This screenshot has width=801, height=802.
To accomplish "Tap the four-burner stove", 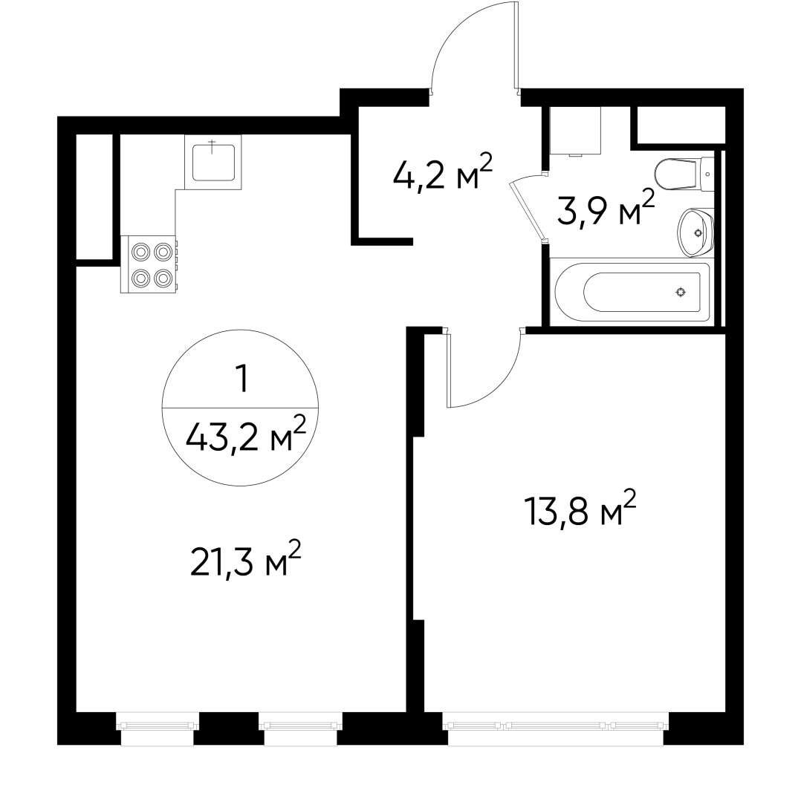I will click(x=151, y=264).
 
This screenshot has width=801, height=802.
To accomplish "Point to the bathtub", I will click(x=632, y=292).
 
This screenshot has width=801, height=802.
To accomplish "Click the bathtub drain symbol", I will click(x=680, y=292).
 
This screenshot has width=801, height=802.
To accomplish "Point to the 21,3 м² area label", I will click(x=245, y=564).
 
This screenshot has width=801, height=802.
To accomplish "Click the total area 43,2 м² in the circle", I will click(x=245, y=438).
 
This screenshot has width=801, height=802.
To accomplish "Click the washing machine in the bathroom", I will click(x=574, y=131).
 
